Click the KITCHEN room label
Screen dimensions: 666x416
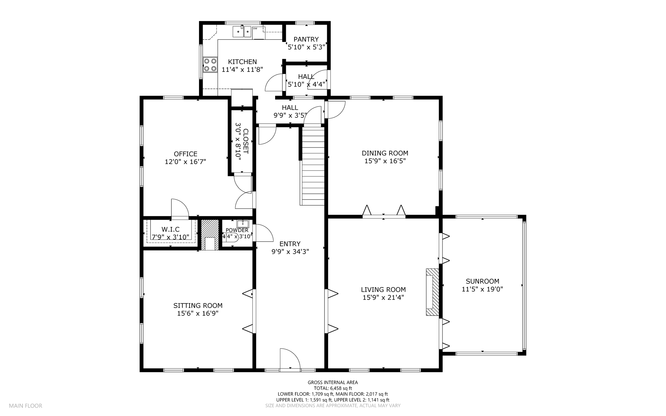[x=242, y=62]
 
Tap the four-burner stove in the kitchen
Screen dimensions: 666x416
[x=210, y=64]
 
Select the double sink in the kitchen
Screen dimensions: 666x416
[x=242, y=32]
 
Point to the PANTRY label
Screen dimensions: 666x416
[x=306, y=39]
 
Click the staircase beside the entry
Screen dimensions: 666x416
[x=313, y=166]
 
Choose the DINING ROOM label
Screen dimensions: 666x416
[x=385, y=153]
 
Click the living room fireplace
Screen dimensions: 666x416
[x=433, y=292]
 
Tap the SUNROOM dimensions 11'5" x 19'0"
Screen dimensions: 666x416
[x=483, y=289]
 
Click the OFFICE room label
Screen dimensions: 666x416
[x=185, y=154]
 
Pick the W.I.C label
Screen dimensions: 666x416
[x=170, y=230]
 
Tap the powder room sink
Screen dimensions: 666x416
[x=243, y=223]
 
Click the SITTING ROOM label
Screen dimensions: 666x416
[x=198, y=306]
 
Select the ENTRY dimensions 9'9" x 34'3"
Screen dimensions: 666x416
[x=290, y=252]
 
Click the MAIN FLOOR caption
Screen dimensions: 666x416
[x=26, y=406]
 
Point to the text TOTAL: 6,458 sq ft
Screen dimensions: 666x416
[x=333, y=388]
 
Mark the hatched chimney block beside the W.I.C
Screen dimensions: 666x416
[x=210, y=235]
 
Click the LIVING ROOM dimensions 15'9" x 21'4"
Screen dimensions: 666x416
[x=383, y=297]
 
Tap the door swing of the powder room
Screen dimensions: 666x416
[x=263, y=233]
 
